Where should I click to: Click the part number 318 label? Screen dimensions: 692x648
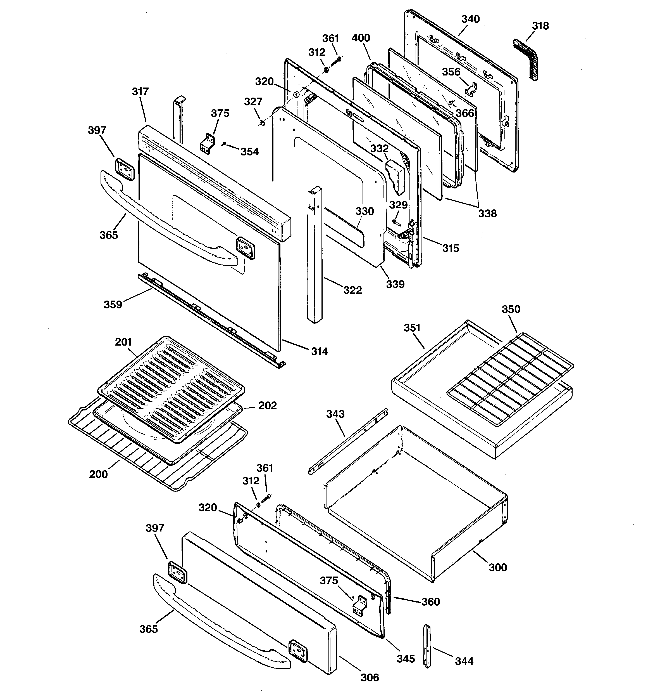(x=540, y=26)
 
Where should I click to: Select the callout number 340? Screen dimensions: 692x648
(x=470, y=19)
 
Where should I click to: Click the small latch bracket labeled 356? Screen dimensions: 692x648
(x=471, y=88)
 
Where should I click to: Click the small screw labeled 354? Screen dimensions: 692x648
(x=224, y=143)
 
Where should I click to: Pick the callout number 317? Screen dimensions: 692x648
(x=140, y=91)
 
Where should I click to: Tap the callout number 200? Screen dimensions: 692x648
(x=98, y=474)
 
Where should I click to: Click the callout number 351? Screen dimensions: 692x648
(x=412, y=328)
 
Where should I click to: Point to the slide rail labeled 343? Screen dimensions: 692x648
(x=348, y=441)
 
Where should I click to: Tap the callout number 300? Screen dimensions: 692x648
(x=498, y=567)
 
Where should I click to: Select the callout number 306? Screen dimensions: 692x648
(x=370, y=677)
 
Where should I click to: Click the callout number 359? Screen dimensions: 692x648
(x=113, y=304)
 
